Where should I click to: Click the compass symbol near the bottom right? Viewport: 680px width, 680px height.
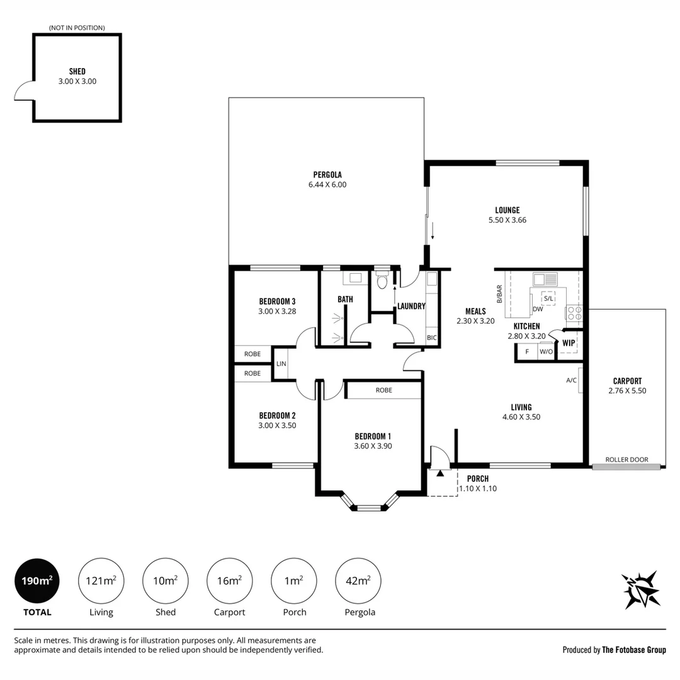[641, 590]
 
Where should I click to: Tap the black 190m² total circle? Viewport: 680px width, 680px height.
[37, 581]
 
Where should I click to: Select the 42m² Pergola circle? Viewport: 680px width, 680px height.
[358, 581]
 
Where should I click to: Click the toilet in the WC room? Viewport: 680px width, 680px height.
[382, 281]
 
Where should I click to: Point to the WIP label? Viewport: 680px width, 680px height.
[569, 343]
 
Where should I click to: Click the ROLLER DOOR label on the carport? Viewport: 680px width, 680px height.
[626, 459]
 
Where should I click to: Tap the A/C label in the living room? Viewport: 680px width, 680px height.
[571, 380]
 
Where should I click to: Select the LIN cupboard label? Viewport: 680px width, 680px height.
[281, 364]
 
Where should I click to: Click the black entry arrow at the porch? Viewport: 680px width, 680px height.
[439, 473]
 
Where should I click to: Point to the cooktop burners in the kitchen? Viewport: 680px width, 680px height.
[575, 314]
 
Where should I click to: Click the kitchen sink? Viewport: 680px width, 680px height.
[545, 280]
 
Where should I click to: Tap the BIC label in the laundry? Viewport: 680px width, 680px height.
[431, 338]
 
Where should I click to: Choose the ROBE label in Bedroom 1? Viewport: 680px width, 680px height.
[384, 390]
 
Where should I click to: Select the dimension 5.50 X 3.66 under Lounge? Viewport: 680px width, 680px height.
[507, 220]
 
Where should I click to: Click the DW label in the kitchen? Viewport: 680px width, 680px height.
[538, 309]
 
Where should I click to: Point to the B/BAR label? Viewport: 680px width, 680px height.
[499, 293]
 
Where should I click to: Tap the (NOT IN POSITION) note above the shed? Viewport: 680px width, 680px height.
[77, 28]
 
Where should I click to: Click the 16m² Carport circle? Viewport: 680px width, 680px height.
[229, 581]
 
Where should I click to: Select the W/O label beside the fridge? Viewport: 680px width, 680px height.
[547, 352]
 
